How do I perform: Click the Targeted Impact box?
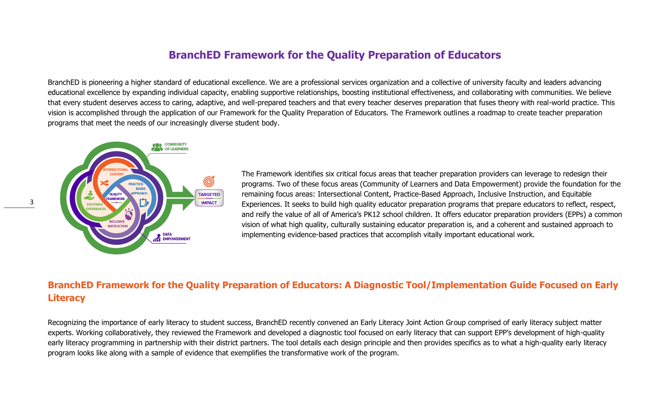pos(209,198)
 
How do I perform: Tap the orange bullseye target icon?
pos(209,181)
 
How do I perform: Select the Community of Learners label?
pos(176,147)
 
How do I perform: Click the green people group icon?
pos(157,147)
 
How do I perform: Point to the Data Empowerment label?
pos(176,237)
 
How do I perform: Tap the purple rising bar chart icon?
pos(157,237)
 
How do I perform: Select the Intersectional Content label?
pos(116,172)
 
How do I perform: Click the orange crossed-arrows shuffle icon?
pos(105,183)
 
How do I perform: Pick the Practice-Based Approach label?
pos(139,189)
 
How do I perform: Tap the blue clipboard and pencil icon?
pos(144,203)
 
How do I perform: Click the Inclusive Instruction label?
pos(117,224)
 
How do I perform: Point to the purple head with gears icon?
pos(129,214)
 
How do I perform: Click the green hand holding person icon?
pos(89,195)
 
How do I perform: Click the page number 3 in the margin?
pos(32,202)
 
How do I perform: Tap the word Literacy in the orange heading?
pos(67,298)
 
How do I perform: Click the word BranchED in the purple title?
pos(194,55)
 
